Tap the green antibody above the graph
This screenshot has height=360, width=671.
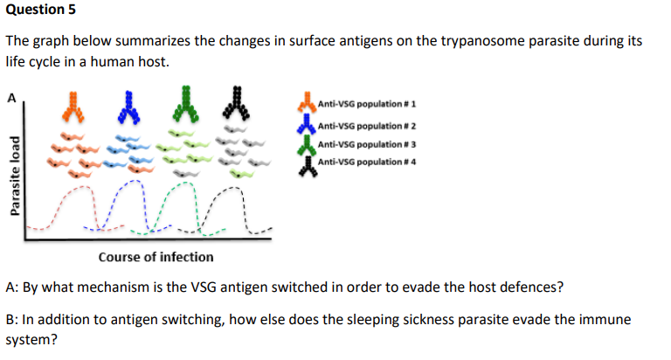[184, 102]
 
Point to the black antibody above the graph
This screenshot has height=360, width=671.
[234, 102]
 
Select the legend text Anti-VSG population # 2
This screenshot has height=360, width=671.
[366, 124]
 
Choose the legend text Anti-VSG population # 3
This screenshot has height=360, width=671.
[366, 143]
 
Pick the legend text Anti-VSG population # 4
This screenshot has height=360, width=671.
[366, 163]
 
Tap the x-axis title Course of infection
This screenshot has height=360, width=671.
[156, 257]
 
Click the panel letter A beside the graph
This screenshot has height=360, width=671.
[11, 97]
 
